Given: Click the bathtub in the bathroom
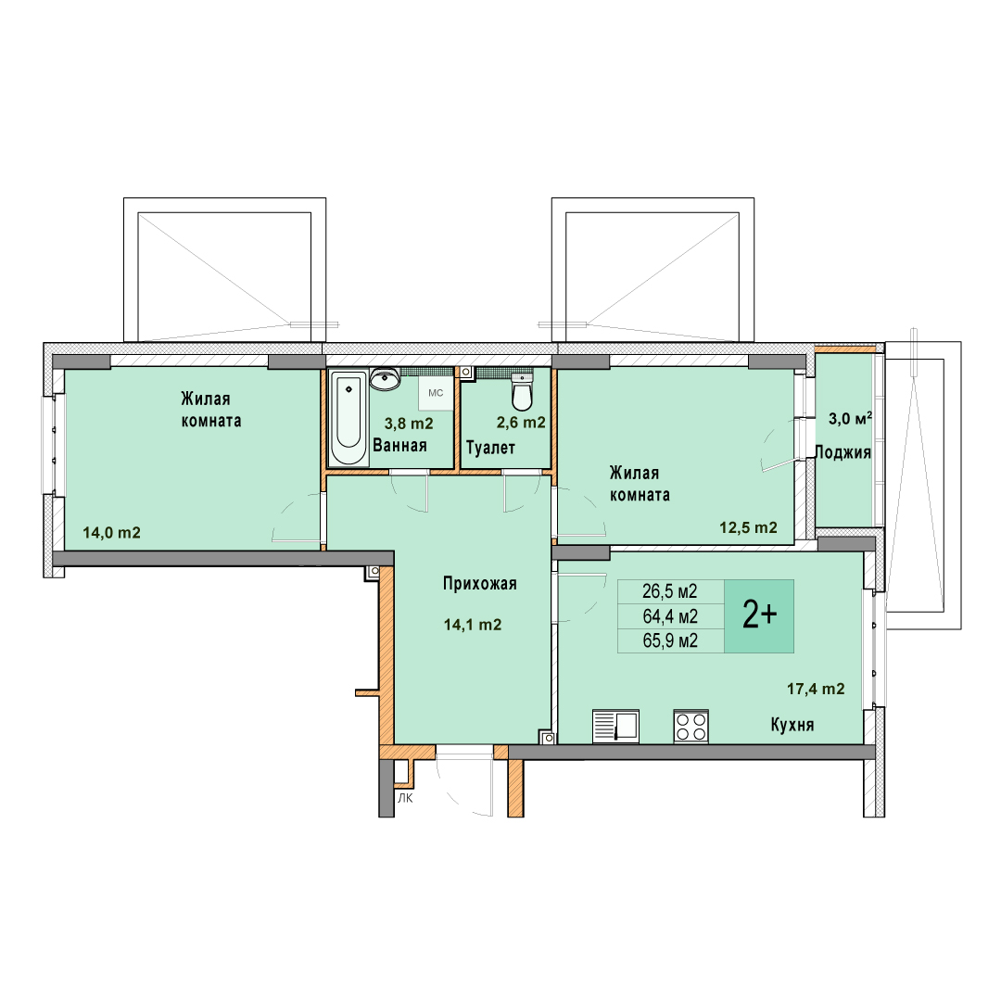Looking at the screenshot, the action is click(x=348, y=418).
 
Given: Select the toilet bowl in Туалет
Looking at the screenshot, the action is click(x=522, y=392).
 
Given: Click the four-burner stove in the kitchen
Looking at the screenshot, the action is click(x=691, y=727).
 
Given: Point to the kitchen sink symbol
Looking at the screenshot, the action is click(x=615, y=727).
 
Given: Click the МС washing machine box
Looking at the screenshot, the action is click(x=436, y=393).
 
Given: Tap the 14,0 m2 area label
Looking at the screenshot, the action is click(x=112, y=532).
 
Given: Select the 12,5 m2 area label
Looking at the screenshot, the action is click(x=748, y=527).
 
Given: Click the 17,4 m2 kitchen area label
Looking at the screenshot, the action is click(x=816, y=689).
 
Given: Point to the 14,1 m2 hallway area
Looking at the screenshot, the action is click(x=473, y=625).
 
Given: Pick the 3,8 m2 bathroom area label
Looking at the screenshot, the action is click(x=409, y=424).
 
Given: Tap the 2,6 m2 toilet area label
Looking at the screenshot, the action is click(x=521, y=423).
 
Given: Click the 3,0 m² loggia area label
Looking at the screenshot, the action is click(x=850, y=419).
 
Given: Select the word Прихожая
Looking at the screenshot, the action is click(x=480, y=584).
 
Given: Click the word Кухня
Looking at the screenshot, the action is click(x=792, y=725).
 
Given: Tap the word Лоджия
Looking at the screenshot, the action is click(x=843, y=452).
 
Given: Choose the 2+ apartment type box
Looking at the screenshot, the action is click(x=759, y=616).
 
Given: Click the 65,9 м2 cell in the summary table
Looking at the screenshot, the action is click(x=670, y=641).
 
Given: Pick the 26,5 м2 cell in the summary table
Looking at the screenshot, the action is click(x=670, y=591).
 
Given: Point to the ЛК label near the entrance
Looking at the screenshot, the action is click(x=405, y=798).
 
